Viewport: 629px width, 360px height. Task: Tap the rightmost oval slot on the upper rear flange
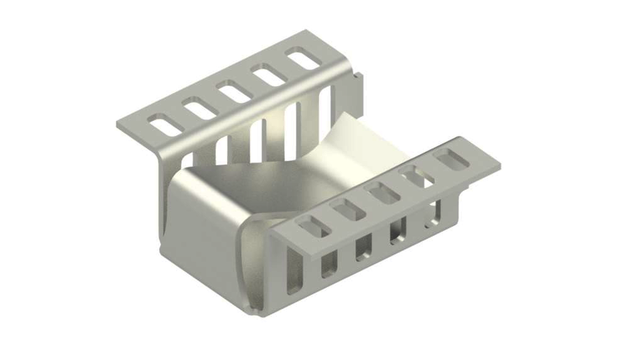click(x=303, y=59)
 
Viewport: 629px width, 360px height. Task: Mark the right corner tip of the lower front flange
click(x=499, y=166)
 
